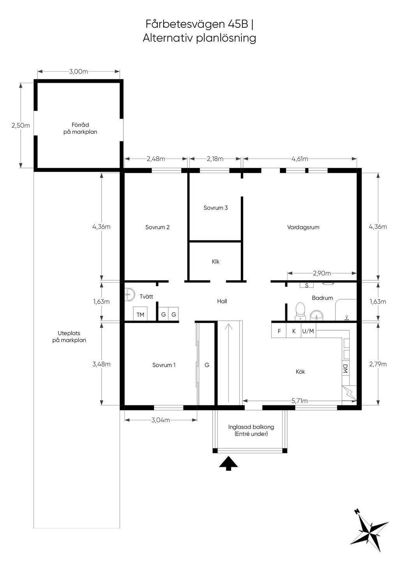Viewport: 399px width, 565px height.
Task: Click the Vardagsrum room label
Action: (x=303, y=227)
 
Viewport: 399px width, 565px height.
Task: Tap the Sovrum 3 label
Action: (x=215, y=208)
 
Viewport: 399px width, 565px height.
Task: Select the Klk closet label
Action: (x=215, y=262)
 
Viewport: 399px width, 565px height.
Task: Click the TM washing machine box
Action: (x=140, y=314)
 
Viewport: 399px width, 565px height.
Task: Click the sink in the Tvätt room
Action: (x=130, y=294)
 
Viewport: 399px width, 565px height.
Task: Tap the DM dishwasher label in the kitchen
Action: (x=345, y=368)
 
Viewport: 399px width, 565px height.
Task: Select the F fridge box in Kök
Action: (x=279, y=331)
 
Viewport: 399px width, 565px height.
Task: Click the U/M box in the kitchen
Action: (x=308, y=331)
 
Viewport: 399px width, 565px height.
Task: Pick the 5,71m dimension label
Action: (x=299, y=401)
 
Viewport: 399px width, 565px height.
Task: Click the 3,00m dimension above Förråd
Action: (x=79, y=72)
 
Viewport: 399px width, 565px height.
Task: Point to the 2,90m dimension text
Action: (x=322, y=273)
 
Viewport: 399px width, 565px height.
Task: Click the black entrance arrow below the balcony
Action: (x=228, y=463)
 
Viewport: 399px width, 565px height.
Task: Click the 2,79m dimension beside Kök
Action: (x=378, y=364)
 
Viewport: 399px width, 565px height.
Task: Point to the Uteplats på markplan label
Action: (x=69, y=337)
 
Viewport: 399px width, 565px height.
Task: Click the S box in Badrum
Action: (x=307, y=285)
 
